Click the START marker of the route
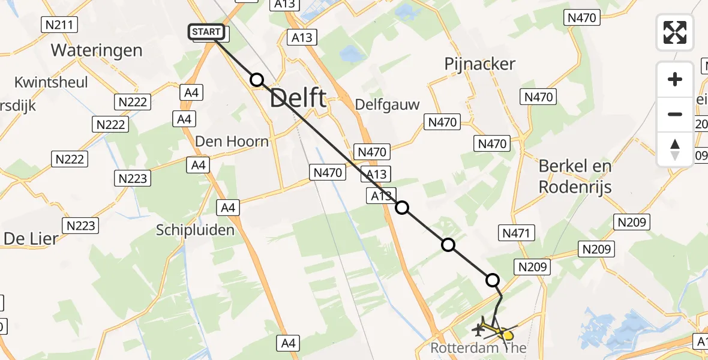[208, 32]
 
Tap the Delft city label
[298, 98]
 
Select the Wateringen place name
[97, 50]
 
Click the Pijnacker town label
[480, 64]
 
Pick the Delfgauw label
[387, 104]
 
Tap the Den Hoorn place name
[232, 141]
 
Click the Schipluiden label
[195, 229]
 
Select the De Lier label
[31, 238]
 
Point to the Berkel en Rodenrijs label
[575, 176]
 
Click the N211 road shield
[59, 25]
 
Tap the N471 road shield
[516, 232]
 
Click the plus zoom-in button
[675, 79]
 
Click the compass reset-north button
[675, 149]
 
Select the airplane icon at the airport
[479, 329]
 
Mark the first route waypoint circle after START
[257, 80]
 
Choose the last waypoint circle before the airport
[493, 280]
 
